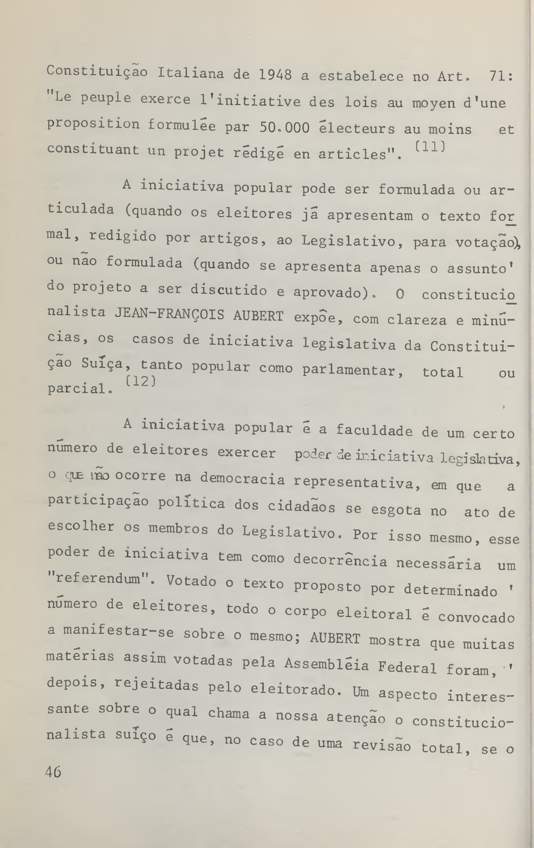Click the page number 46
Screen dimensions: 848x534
tap(53, 772)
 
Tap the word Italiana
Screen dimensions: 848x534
tap(190, 74)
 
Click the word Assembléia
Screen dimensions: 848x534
tap(326, 664)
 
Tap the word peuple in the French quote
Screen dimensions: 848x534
tap(106, 98)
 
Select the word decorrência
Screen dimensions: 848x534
tap(340, 560)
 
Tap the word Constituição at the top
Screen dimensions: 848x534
tap(97, 72)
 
